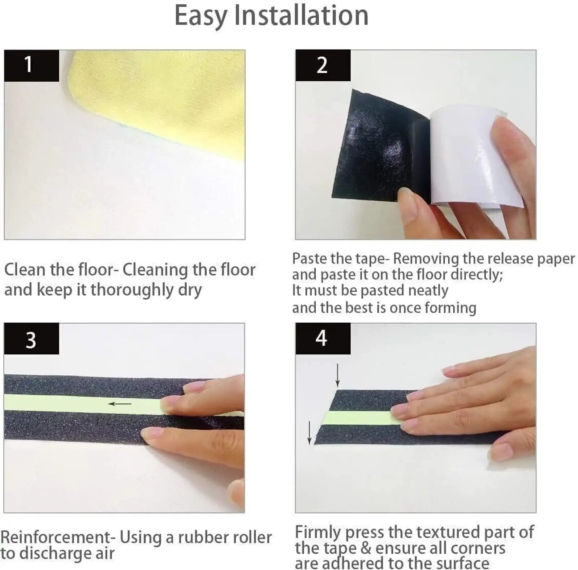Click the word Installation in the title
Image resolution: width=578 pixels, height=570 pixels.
[x=302, y=16]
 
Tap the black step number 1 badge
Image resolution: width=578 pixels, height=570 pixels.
[x=31, y=65]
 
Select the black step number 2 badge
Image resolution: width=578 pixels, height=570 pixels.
[x=323, y=65]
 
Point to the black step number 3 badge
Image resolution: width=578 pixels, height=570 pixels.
[x=31, y=339]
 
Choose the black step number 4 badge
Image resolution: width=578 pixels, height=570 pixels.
[x=323, y=339]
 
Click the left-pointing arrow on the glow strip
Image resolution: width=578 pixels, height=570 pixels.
[x=120, y=404]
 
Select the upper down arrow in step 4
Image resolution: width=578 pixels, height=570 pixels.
[x=337, y=376]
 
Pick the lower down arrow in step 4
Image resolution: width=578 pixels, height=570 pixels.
[x=309, y=432]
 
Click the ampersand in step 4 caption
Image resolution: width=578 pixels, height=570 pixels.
[x=366, y=548]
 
